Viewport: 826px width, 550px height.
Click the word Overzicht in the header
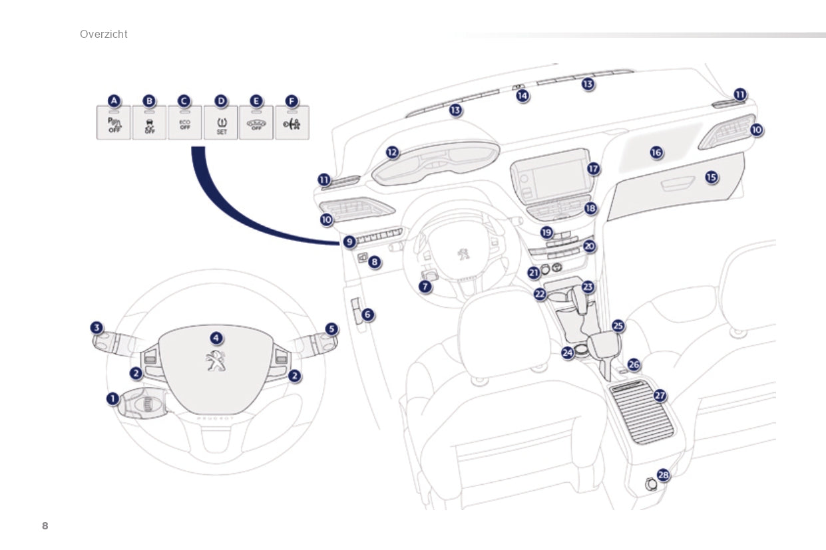pyautogui.click(x=103, y=34)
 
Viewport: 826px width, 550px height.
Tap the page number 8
pyautogui.click(x=45, y=526)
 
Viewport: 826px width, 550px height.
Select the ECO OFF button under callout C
pyautogui.click(x=185, y=124)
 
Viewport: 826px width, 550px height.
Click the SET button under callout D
pyautogui.click(x=221, y=124)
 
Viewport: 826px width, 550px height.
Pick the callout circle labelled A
pyautogui.click(x=114, y=100)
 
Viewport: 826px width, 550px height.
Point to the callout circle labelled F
pyautogui.click(x=291, y=100)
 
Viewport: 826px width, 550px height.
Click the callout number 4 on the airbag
pyautogui.click(x=215, y=337)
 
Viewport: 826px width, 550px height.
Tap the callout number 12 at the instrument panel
pyautogui.click(x=392, y=152)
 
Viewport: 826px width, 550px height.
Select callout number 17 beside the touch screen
pyautogui.click(x=593, y=169)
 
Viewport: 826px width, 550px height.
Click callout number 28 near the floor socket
pyautogui.click(x=663, y=475)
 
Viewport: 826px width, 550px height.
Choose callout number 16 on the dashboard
pyautogui.click(x=656, y=152)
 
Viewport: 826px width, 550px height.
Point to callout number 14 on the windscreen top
pyautogui.click(x=522, y=96)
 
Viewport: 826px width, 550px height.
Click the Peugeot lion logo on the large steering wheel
pyautogui.click(x=215, y=360)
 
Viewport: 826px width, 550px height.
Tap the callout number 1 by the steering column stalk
pyautogui.click(x=112, y=398)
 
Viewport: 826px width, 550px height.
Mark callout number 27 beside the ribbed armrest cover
pyautogui.click(x=660, y=395)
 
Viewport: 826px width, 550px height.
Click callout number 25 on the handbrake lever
pyautogui.click(x=618, y=326)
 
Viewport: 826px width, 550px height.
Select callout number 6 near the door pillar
pyautogui.click(x=367, y=313)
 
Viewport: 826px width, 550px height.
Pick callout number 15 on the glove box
pyautogui.click(x=712, y=177)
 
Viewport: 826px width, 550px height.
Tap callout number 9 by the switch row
pyautogui.click(x=349, y=241)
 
